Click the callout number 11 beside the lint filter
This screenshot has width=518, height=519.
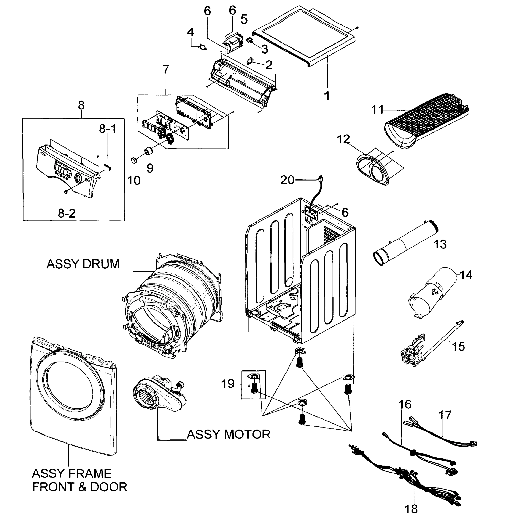pos(377,110)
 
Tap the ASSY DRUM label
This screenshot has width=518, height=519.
pos(83,264)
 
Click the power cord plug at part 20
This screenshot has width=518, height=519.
pos(320,178)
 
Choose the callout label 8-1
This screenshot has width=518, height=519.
pos(108,129)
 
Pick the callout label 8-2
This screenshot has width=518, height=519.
pos(67,213)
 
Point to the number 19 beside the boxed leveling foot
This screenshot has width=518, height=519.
pos(228,384)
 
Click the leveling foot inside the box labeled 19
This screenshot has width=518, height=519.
pos(254,388)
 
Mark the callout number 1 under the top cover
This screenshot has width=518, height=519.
pos(327,96)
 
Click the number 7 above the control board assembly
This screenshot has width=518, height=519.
pos(166,69)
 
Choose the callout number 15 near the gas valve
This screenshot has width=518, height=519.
pos(458,346)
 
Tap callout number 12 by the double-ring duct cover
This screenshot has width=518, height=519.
pos(343,139)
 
